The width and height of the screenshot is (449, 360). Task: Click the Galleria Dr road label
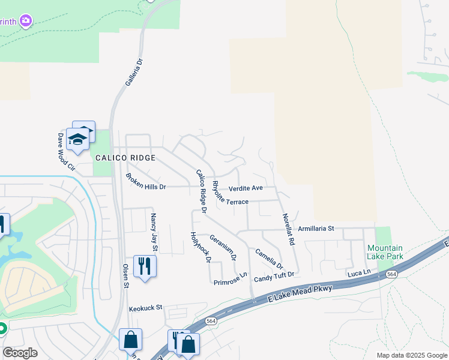click(135, 71)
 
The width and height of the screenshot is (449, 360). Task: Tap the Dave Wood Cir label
click(65, 151)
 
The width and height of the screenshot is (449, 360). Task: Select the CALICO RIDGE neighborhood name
click(125, 158)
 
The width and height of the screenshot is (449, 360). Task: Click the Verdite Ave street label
click(246, 188)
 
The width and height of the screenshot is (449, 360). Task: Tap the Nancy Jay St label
click(154, 232)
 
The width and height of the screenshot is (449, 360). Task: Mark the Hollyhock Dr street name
click(200, 247)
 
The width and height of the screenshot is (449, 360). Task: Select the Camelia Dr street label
click(269, 259)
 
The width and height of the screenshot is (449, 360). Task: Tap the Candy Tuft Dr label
click(274, 275)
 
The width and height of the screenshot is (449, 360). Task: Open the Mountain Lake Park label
click(385, 252)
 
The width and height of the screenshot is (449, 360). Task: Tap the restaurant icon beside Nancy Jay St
click(145, 266)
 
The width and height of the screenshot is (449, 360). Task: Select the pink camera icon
click(25, 22)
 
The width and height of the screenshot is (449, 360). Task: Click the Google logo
click(20, 353)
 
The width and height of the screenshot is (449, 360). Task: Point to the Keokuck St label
click(146, 308)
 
